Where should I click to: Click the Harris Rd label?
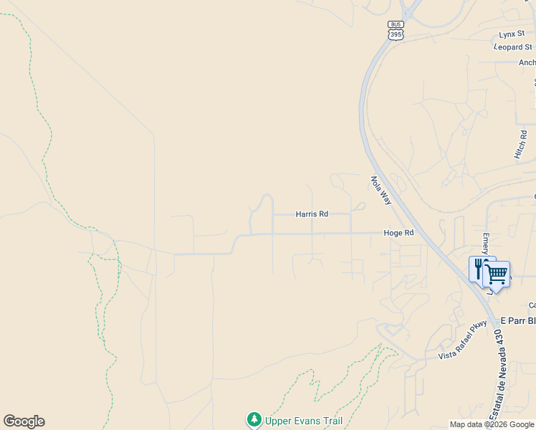pos(312,214)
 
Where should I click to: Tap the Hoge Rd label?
pos(398,233)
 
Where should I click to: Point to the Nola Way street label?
pos(381,191)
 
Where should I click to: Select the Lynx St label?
pos(512,34)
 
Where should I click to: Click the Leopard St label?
pos(514,47)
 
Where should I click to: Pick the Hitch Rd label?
pos(521,144)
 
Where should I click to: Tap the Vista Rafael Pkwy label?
pos(463,340)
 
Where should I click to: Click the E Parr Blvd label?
pos(517,320)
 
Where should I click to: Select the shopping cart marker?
pos(497,274)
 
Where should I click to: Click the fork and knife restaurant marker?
pos(479,269)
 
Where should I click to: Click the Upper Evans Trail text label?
pos(304,421)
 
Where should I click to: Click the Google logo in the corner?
pos(24,421)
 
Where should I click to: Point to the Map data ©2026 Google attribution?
pos(492,424)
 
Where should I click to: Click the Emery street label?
pos(485,244)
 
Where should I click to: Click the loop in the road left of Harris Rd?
pos(264,204)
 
